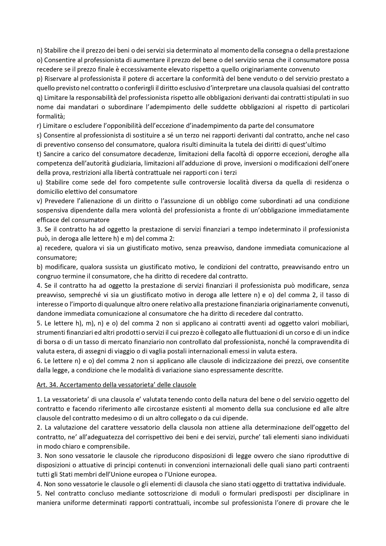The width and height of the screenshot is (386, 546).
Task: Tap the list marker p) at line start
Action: (x=40, y=79)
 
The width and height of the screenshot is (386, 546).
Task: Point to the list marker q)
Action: (x=40, y=98)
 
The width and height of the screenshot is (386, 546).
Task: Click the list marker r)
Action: (x=39, y=126)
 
